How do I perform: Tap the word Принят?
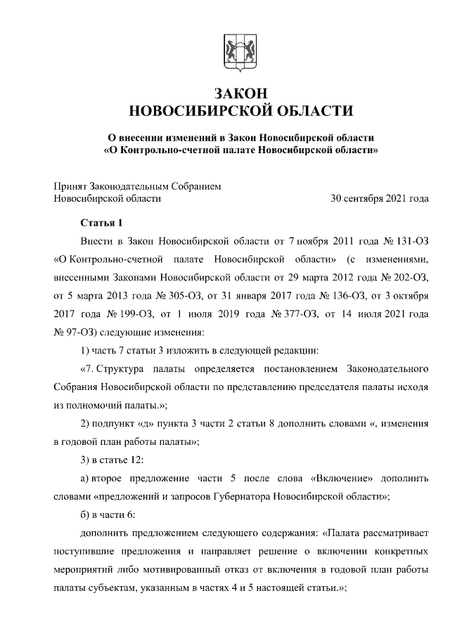(70, 186)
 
